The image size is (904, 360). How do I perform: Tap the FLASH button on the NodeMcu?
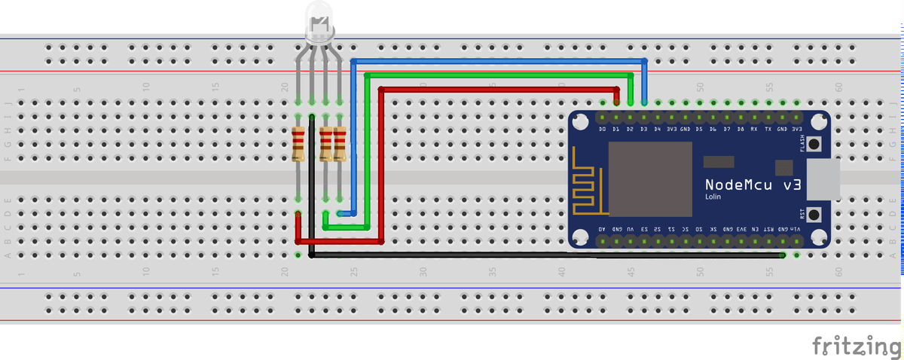point(814,146)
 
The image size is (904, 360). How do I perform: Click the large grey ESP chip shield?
point(650,178)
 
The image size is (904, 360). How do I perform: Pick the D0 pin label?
point(602,130)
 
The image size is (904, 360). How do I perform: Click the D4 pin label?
point(657,130)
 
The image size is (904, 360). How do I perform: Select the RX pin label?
point(754,130)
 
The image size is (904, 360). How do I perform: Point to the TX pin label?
point(768,130)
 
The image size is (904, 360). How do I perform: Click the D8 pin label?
point(741,130)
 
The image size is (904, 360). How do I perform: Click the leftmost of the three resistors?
point(298,145)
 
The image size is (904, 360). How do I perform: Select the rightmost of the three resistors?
point(340,145)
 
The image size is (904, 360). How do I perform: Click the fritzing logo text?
point(856,346)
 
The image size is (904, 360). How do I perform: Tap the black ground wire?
point(527,255)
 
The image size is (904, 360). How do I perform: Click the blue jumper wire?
point(497,60)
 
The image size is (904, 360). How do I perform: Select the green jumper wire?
point(497,75)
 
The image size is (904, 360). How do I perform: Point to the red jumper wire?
point(497,89)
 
